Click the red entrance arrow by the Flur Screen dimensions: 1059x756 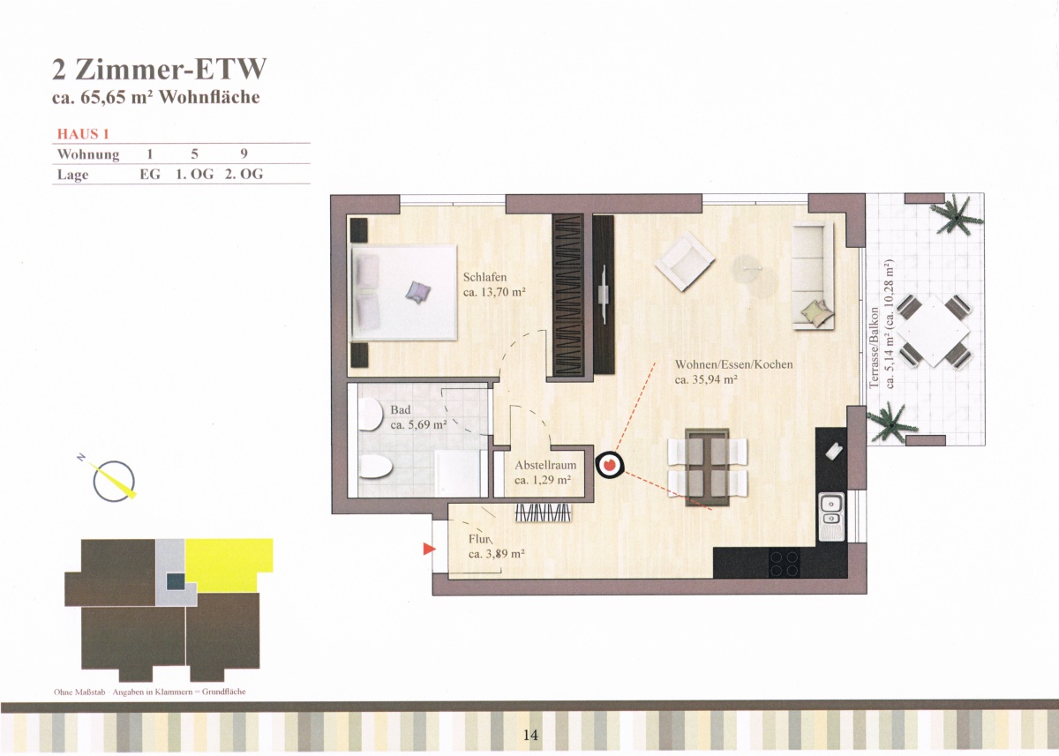[429, 549]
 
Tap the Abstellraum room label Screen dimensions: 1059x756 [545, 465]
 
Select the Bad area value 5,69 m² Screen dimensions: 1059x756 [418, 425]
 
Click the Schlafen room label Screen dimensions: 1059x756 [484, 277]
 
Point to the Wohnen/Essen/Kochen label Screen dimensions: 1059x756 [733, 364]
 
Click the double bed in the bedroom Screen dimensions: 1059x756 [405, 292]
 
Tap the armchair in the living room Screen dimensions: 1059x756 [685, 261]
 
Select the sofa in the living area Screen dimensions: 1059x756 [813, 275]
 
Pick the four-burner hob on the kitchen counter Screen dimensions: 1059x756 [785, 563]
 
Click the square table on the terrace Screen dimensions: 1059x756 [933, 331]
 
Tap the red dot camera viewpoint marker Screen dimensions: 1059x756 [610, 465]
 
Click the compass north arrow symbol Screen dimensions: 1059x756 [113, 480]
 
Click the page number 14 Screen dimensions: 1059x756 [530, 735]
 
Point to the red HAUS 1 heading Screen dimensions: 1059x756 [83, 134]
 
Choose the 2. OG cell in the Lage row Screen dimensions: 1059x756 [244, 174]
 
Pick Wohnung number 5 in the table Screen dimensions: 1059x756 [195, 153]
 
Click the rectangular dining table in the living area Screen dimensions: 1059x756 [707, 468]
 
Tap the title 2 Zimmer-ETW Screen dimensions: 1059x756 [160, 69]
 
